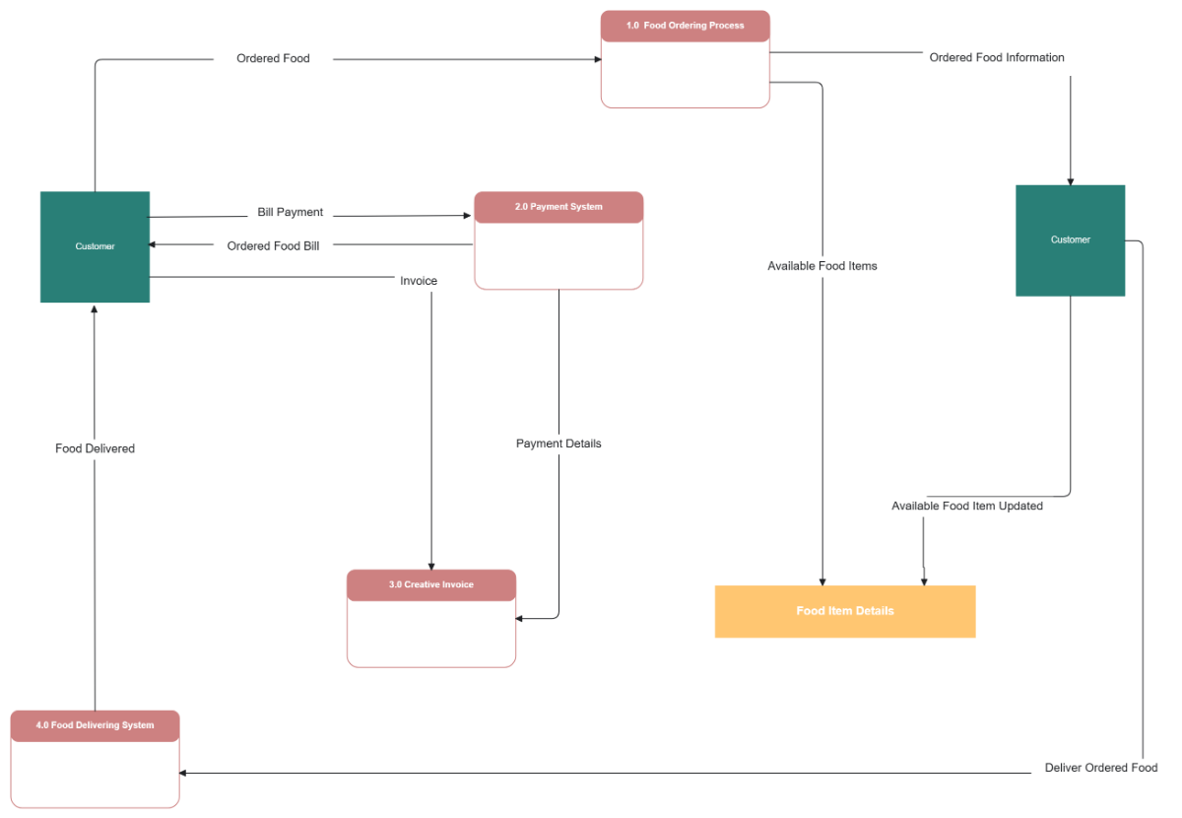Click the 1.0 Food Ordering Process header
pyautogui.click(x=685, y=26)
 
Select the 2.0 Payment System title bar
pyautogui.click(x=558, y=207)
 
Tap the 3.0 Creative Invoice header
pyautogui.click(x=431, y=584)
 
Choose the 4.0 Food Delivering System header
pyautogui.click(x=96, y=725)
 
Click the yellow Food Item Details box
pyautogui.click(x=845, y=611)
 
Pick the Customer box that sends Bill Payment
pyautogui.click(x=95, y=246)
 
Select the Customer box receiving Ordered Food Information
pyautogui.click(x=1070, y=240)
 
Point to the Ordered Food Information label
pyautogui.click(x=997, y=57)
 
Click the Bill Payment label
pyautogui.click(x=291, y=212)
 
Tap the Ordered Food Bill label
pyautogui.click(x=273, y=245)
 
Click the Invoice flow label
pyautogui.click(x=419, y=281)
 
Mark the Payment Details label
pyautogui.click(x=558, y=443)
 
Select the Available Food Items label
pyautogui.click(x=822, y=265)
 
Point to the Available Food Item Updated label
pyautogui.click(x=967, y=506)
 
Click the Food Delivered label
pyautogui.click(x=95, y=448)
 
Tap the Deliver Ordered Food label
pyautogui.click(x=1101, y=768)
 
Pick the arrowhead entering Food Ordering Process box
pyautogui.click(x=597, y=59)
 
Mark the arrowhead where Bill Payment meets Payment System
pyautogui.click(x=470, y=215)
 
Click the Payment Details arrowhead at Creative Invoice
pyautogui.click(x=520, y=619)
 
